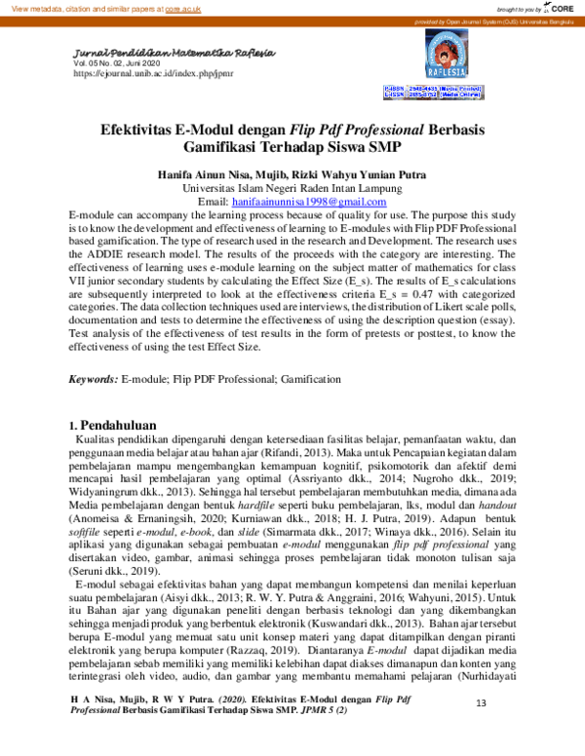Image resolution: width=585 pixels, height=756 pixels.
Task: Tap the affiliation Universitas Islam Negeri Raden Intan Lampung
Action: [x=292, y=187]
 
